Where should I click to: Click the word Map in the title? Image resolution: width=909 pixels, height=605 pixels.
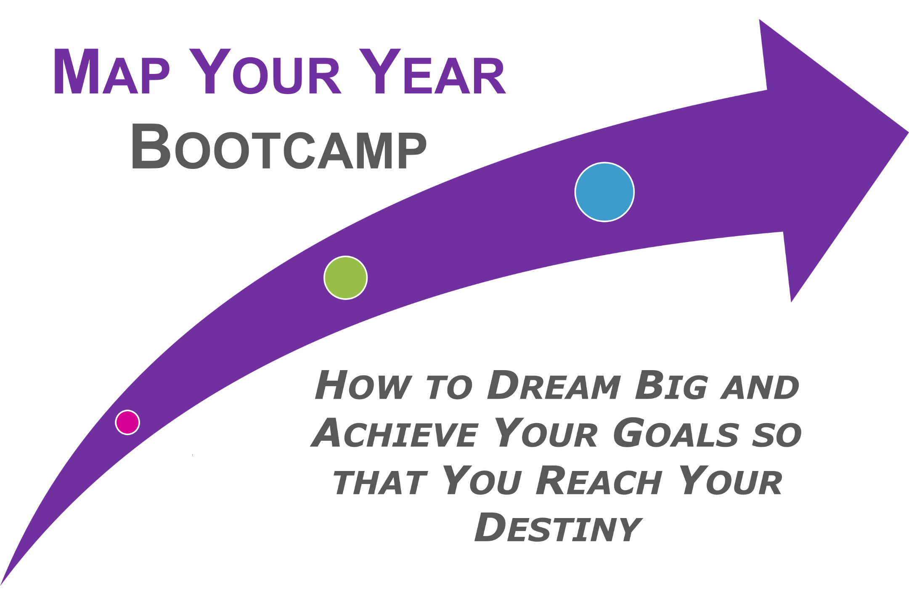point(112,71)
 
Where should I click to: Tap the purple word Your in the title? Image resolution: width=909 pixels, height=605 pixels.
point(265,71)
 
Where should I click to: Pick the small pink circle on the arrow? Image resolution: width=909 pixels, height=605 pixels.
point(127,422)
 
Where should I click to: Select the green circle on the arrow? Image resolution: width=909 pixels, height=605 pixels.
point(346,278)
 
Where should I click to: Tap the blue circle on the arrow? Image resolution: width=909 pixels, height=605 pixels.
point(605,192)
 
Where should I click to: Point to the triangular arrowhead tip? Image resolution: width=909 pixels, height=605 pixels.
point(908,133)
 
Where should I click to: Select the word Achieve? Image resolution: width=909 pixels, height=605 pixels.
point(395,433)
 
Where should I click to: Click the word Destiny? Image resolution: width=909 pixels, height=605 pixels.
point(558,528)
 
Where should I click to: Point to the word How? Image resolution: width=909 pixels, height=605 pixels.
point(363,385)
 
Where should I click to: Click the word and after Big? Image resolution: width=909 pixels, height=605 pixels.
point(760,387)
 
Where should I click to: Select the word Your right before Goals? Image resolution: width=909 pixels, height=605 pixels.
point(546,433)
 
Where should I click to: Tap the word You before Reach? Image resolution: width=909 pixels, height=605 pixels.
point(482,480)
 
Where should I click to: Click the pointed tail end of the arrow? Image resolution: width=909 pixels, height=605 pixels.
point(1,584)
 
